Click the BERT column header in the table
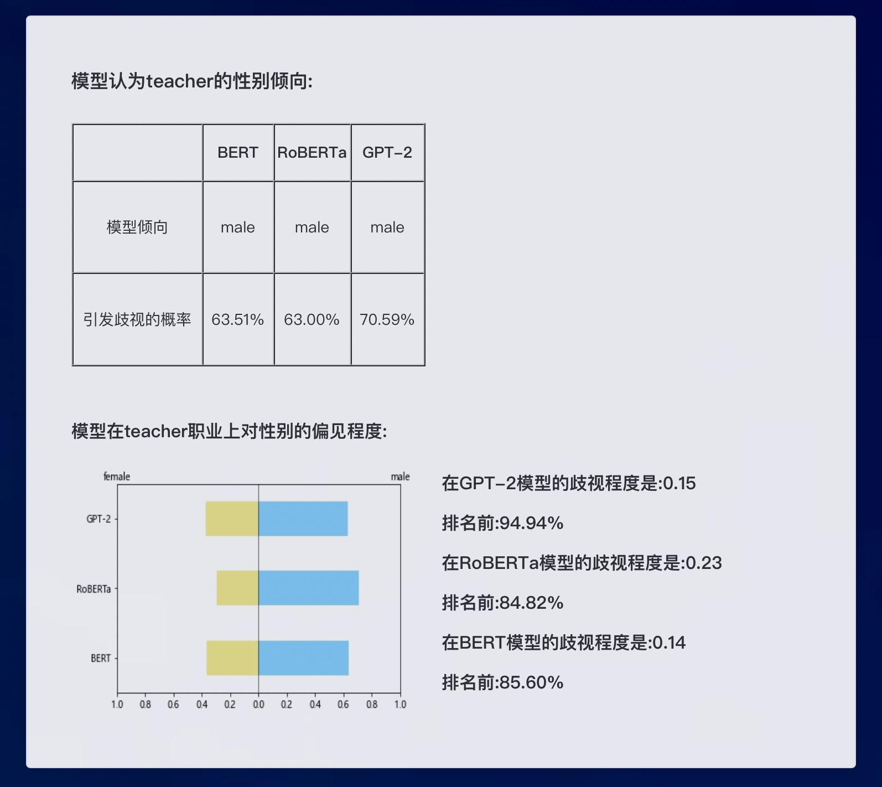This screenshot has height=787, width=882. coord(238,153)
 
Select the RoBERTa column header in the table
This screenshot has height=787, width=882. coord(312,153)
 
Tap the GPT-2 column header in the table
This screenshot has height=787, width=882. coord(387,153)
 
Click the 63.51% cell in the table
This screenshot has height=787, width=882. coord(238,319)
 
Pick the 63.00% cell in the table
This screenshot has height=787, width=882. coord(312,319)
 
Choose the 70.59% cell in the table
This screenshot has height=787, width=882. coord(387,319)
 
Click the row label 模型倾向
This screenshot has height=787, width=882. coord(137,227)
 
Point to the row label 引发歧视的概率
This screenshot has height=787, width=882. coord(137,319)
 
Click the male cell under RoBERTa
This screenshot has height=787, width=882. coord(312,227)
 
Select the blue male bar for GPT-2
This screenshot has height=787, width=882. coord(303,519)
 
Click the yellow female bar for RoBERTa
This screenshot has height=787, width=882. coord(237,588)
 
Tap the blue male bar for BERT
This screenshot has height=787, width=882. coord(304,658)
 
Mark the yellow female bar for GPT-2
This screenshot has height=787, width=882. coord(232,519)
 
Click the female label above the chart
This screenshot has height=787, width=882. coord(117,477)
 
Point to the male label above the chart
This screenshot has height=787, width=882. coord(401,477)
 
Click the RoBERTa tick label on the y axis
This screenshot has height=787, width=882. coord(94,589)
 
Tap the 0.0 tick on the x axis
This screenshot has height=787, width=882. coord(258,705)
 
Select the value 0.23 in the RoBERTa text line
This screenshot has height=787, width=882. coord(704,563)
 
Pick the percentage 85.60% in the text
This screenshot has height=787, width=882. coord(531,682)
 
